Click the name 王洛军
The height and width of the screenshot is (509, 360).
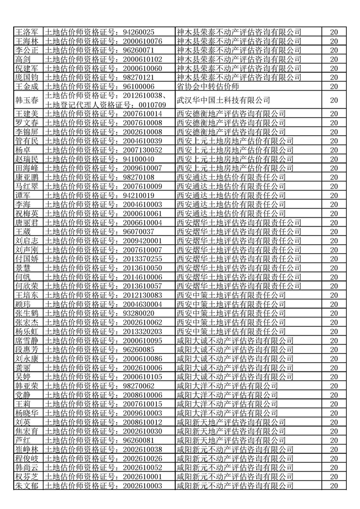click(x=26, y=32)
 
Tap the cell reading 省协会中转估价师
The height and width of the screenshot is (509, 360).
click(x=208, y=86)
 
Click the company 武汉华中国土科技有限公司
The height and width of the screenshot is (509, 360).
click(x=223, y=100)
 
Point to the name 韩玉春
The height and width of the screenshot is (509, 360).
click(x=26, y=100)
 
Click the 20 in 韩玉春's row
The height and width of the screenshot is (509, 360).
click(x=334, y=100)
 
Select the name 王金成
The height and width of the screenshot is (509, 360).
click(x=26, y=86)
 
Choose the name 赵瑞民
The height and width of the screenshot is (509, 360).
click(x=26, y=159)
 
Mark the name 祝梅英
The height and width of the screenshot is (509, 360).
click(x=26, y=213)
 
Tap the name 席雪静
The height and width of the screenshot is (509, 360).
click(x=26, y=340)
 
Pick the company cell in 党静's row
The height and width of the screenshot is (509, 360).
click(x=227, y=394)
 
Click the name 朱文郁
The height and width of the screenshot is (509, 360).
click(x=26, y=485)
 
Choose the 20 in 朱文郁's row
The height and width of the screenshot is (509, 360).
click(x=334, y=485)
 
